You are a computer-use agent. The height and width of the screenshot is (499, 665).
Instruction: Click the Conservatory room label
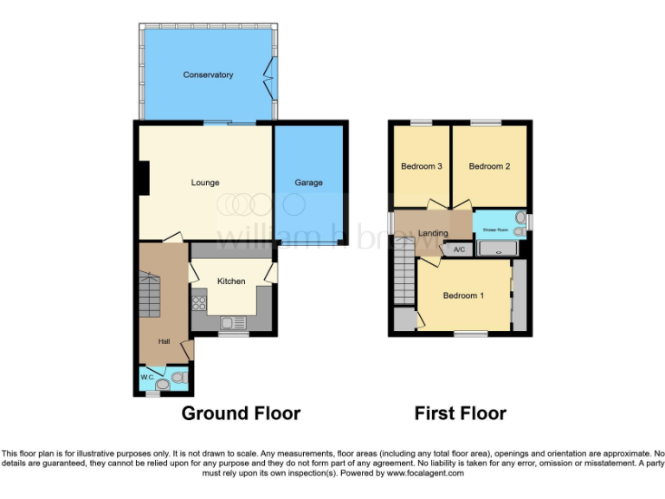(208, 75)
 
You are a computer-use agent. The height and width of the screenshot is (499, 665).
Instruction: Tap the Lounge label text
(205, 183)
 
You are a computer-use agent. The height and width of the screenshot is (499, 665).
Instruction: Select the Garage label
(308, 183)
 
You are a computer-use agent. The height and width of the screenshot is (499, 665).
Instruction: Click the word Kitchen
(231, 282)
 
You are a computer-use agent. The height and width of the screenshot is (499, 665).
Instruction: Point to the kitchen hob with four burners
(198, 303)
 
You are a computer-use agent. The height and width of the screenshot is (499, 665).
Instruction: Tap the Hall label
(164, 341)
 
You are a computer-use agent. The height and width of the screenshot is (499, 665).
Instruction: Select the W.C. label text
(147, 378)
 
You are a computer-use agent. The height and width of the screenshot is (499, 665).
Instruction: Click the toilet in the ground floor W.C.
(178, 377)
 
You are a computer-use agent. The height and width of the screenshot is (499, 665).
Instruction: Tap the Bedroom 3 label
(422, 166)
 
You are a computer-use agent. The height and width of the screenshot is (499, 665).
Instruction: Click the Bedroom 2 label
(489, 166)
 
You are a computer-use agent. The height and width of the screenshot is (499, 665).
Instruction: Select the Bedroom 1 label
(463, 296)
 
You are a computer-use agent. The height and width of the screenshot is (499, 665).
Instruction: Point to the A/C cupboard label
(459, 250)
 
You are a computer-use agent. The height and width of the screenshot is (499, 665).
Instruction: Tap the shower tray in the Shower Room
(498, 249)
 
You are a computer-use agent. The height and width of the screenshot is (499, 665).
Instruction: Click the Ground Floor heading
(241, 413)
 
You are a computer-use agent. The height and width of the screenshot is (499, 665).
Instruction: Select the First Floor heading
(460, 413)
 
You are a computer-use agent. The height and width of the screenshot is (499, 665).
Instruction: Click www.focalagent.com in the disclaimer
(424, 474)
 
